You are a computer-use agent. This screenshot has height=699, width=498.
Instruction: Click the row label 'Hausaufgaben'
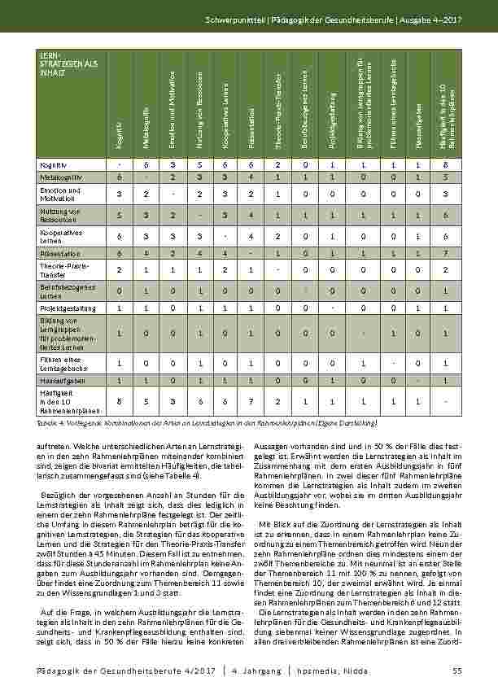(59, 380)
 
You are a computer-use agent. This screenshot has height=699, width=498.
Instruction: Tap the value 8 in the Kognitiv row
(445, 164)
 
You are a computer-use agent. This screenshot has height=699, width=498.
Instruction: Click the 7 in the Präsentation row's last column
(445, 253)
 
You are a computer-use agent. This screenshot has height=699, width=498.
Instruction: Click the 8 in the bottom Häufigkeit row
(119, 401)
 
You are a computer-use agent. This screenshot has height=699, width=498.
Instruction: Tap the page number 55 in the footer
(456, 670)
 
